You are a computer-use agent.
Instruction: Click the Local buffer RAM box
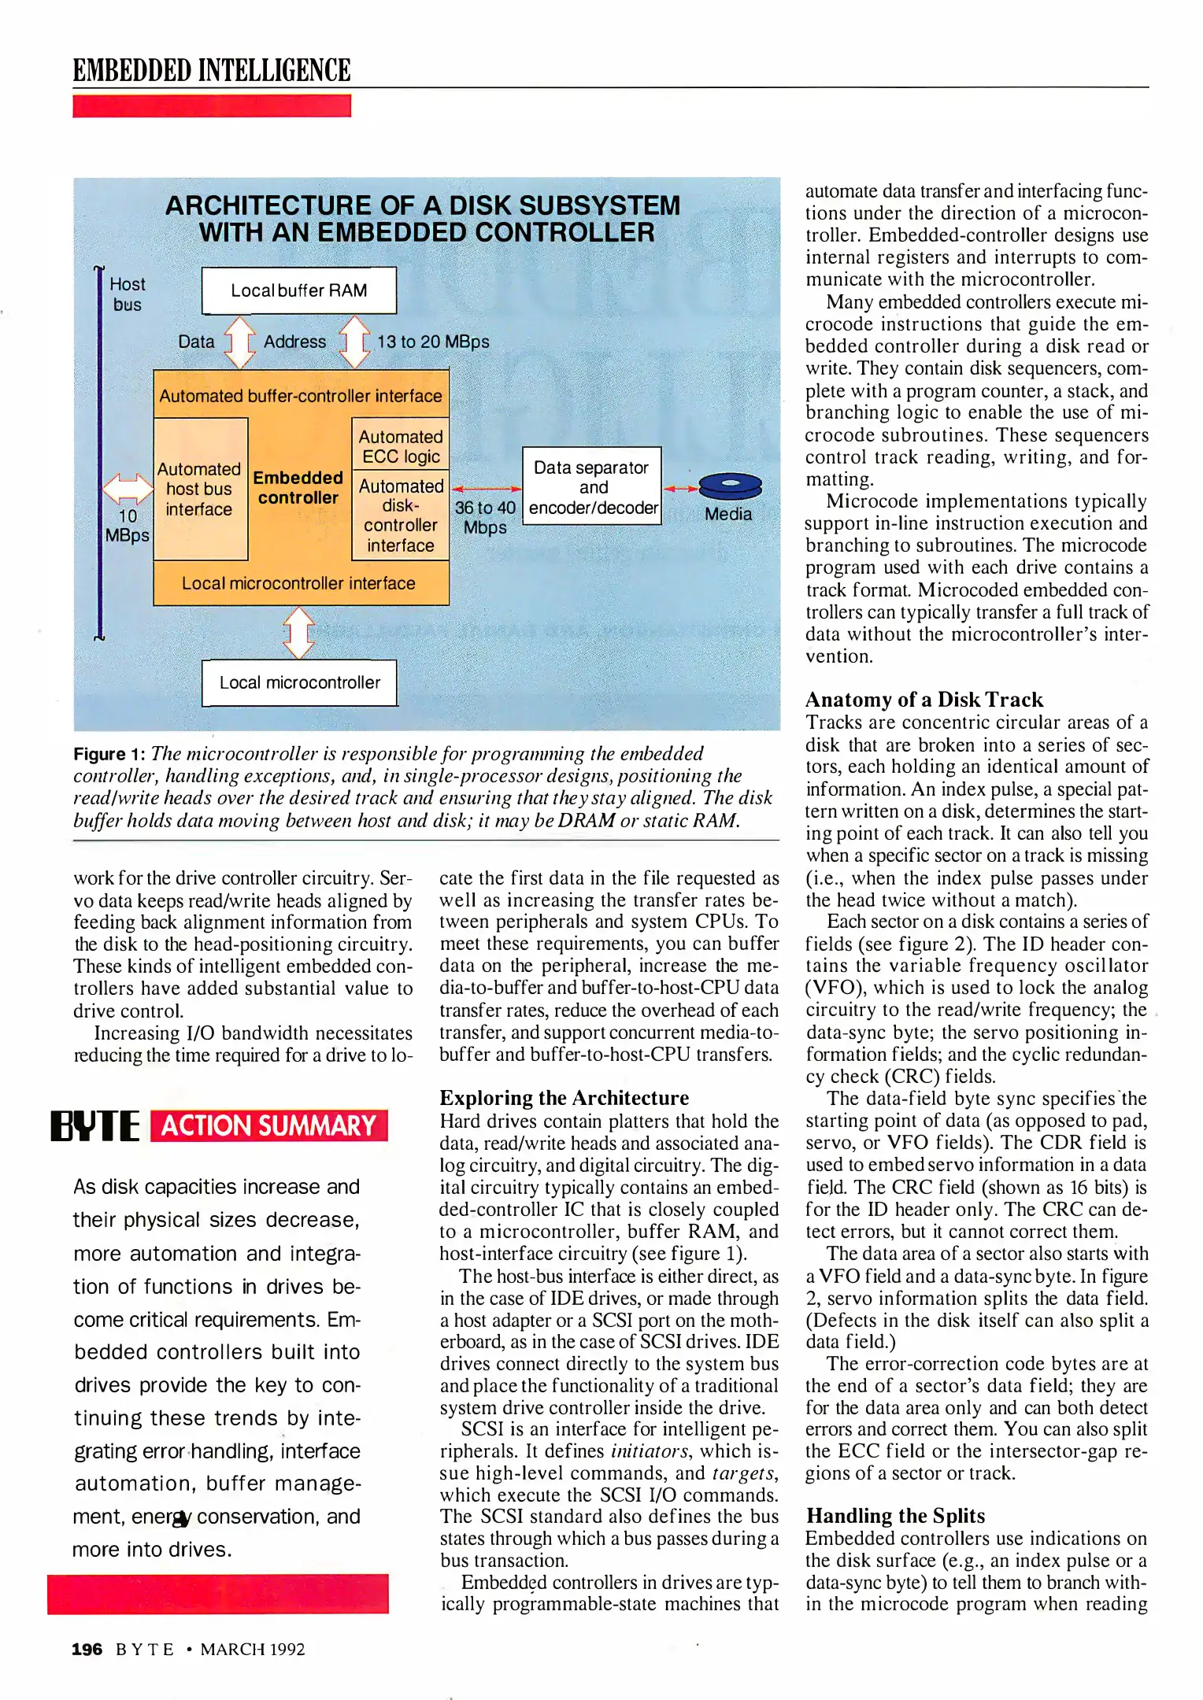click(299, 290)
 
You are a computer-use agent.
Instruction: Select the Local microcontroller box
click(299, 682)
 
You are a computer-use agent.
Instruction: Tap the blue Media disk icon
click(730, 486)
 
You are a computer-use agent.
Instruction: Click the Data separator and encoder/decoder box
click(592, 486)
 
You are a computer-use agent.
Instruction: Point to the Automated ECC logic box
click(400, 446)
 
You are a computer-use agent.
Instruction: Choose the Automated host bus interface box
click(200, 489)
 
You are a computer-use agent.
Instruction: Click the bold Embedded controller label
click(298, 487)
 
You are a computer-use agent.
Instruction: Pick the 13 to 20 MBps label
click(433, 342)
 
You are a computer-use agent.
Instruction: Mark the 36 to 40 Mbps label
click(485, 517)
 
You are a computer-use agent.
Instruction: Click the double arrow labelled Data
click(240, 342)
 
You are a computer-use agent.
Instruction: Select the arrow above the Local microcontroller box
click(299, 633)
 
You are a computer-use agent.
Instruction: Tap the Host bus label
click(128, 294)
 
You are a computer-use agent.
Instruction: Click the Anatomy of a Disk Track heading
click(924, 700)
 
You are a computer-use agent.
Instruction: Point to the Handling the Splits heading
click(895, 1516)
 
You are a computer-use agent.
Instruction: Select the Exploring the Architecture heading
click(564, 1098)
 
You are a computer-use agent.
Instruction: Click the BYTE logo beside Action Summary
click(95, 1126)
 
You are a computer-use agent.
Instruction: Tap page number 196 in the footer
click(87, 1649)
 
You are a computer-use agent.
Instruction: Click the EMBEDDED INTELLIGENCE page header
click(212, 70)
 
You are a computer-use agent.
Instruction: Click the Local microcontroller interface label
click(298, 583)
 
